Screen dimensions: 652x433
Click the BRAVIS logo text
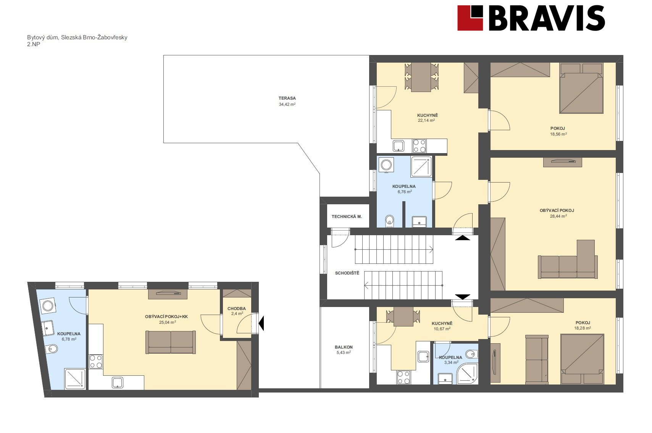click(547, 18)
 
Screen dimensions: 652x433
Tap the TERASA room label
click(287, 99)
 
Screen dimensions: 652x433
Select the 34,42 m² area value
click(287, 104)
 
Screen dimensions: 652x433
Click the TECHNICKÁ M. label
click(347, 216)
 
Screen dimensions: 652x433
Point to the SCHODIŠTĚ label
click(347, 273)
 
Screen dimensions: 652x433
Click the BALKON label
click(344, 347)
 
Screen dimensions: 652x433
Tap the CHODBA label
click(237, 309)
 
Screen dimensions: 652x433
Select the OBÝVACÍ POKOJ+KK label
click(166, 317)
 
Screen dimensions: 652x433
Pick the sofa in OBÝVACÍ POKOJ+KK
click(171, 342)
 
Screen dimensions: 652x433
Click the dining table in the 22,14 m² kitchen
click(421, 77)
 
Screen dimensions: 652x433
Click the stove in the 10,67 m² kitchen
click(404, 377)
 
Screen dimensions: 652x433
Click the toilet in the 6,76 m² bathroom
click(389, 221)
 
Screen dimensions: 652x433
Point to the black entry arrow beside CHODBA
click(261, 323)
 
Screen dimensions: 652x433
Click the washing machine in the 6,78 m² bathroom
click(48, 306)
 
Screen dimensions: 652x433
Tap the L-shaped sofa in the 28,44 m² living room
click(568, 260)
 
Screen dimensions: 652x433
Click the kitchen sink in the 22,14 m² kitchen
click(399, 145)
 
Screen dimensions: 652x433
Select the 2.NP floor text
click(34, 44)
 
